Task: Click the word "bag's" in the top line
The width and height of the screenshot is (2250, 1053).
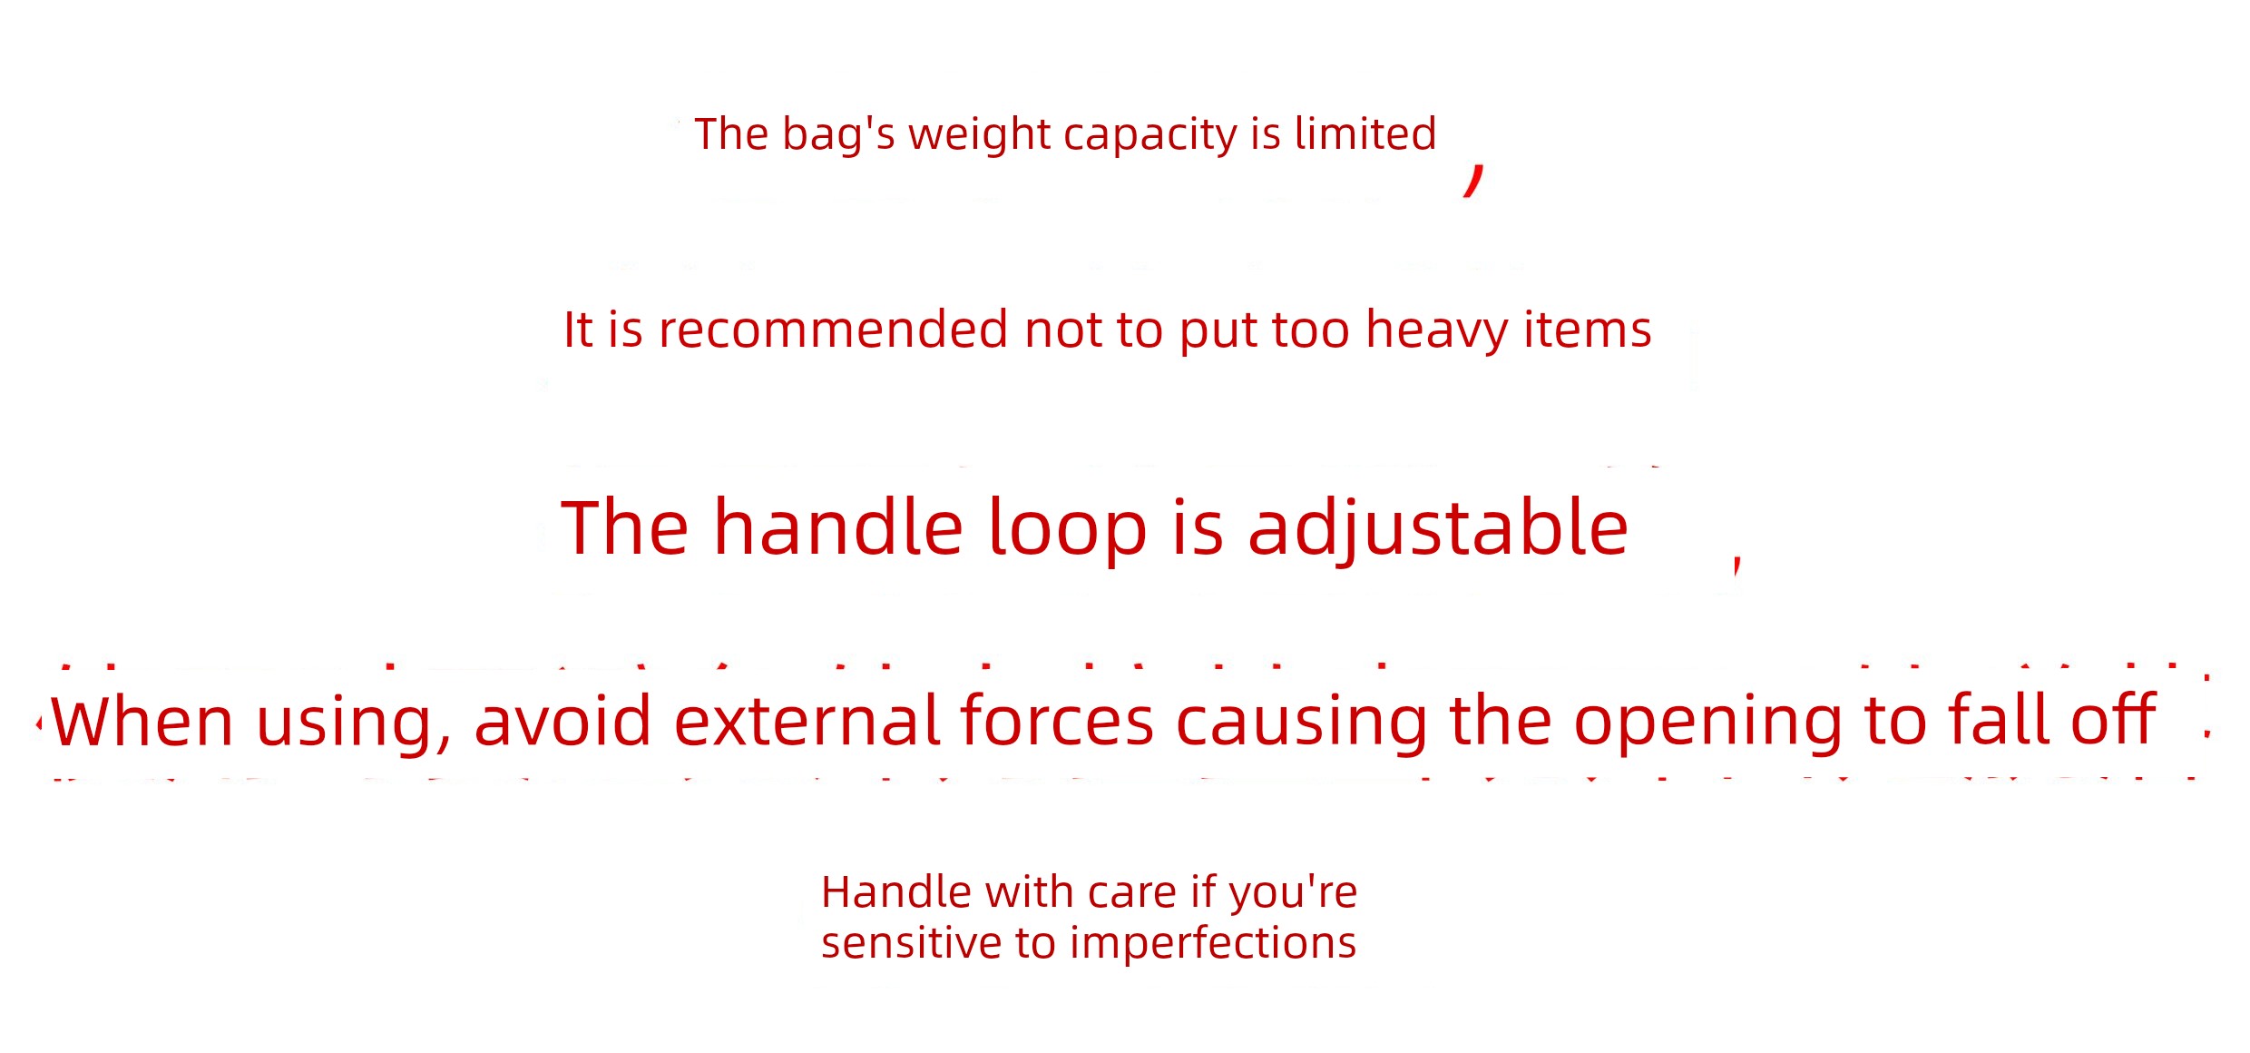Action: (839, 135)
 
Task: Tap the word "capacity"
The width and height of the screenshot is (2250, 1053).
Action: (1150, 135)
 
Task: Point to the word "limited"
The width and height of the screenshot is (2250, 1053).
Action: (1365, 133)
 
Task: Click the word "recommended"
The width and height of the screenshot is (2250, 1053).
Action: (834, 329)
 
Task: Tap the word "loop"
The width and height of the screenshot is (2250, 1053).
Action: (1067, 529)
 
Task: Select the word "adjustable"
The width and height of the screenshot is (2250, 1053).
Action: (1438, 529)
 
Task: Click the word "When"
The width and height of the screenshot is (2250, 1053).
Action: (142, 721)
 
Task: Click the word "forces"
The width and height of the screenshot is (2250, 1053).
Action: (1057, 721)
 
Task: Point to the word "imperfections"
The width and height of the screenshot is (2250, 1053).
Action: (1213, 944)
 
